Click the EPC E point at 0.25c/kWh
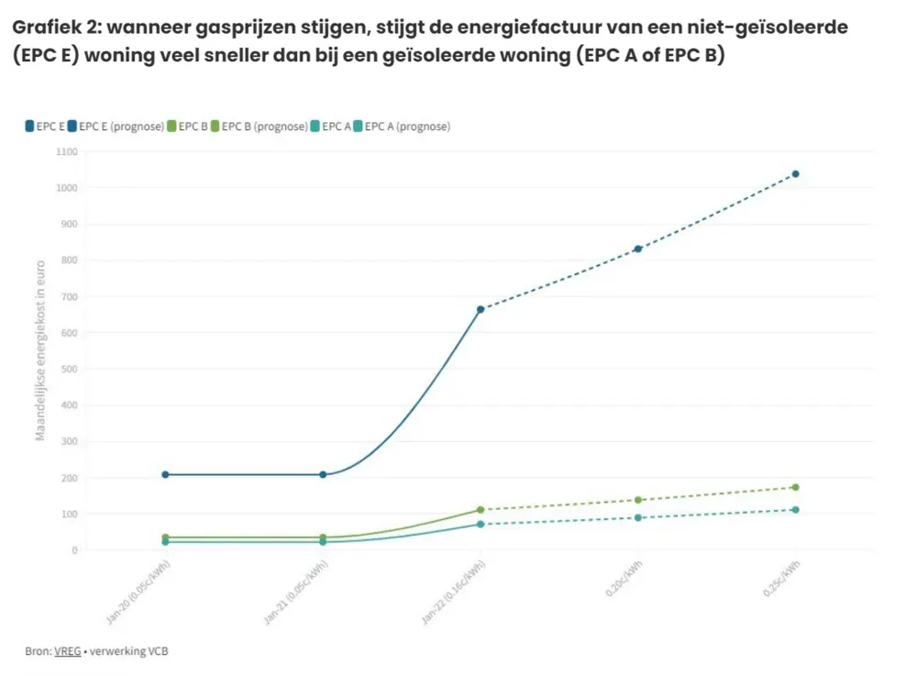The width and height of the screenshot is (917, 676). (795, 173)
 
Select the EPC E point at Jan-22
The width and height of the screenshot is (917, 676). (481, 309)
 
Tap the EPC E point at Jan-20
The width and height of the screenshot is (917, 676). (165, 474)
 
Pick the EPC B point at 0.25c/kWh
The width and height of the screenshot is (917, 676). (795, 487)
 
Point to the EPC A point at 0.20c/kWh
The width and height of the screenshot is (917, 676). (638, 517)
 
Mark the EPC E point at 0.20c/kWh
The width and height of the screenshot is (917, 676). (638, 249)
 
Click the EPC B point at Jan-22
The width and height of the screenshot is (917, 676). (481, 510)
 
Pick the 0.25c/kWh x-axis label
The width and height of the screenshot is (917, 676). (782, 581)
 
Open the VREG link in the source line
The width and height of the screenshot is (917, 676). (67, 651)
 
